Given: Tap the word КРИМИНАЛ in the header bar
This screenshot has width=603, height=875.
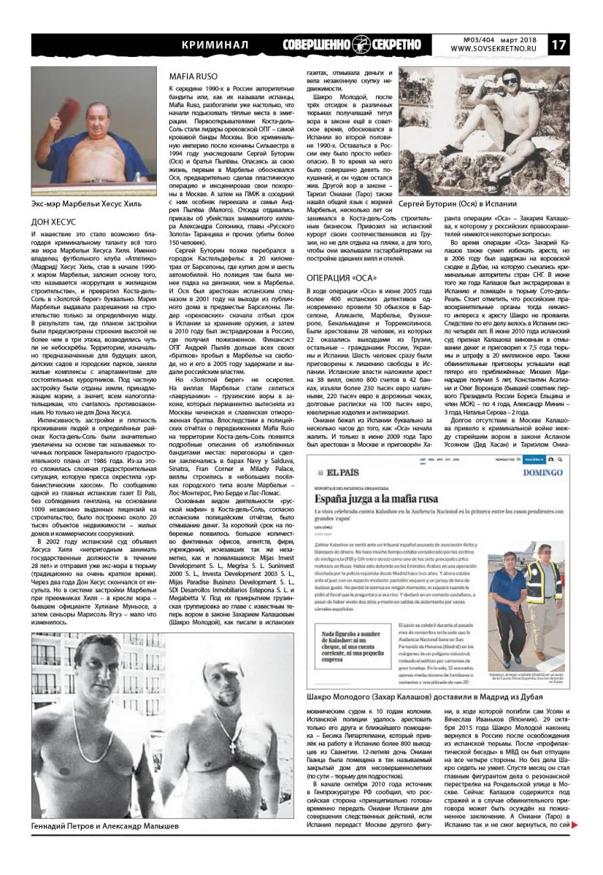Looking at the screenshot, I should (215, 45).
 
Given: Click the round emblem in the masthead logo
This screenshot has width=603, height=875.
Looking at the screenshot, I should (361, 44).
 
